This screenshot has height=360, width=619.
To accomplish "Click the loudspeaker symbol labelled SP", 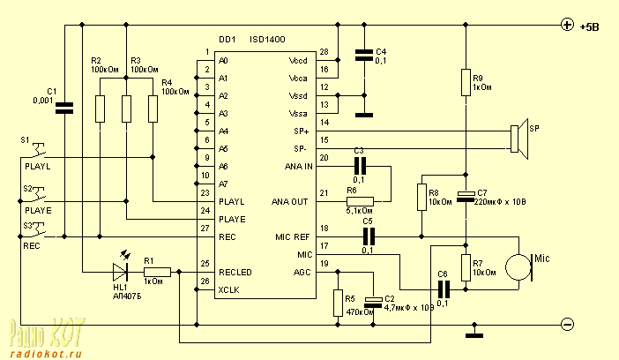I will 518,139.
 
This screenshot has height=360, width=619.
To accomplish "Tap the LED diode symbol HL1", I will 120,272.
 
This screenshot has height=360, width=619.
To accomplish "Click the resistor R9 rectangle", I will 466,82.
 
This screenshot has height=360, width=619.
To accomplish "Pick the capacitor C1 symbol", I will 64,109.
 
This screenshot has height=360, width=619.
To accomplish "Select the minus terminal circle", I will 567,325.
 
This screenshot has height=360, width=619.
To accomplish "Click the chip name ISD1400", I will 270,41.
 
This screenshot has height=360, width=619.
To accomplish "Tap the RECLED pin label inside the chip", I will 236,273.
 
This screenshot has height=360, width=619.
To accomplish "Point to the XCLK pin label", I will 229,290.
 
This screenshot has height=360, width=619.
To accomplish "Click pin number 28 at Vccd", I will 324,52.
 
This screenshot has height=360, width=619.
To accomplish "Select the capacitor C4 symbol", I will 361,55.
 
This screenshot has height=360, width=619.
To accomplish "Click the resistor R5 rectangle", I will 337,303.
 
